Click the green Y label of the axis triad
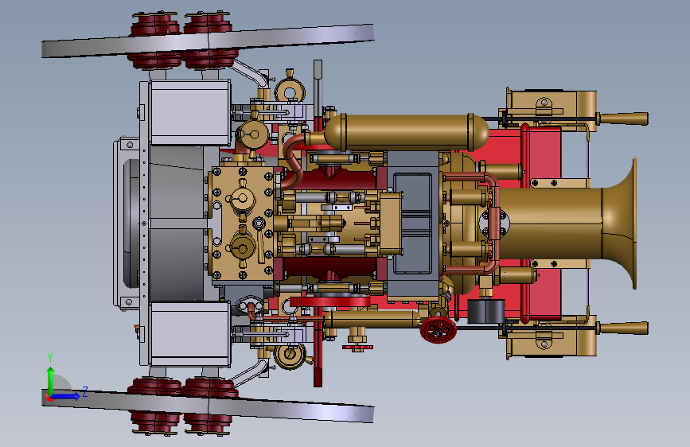50,357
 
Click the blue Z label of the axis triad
85,391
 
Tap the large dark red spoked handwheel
438,329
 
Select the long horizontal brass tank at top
407,132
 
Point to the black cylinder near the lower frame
485,311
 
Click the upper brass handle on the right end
622,119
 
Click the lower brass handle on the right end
622,328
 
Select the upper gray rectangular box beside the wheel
189,113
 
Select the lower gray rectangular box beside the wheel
189,334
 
